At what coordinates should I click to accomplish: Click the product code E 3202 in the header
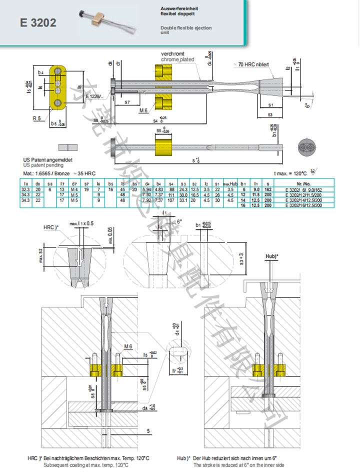[38, 23]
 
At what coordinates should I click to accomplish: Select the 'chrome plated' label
[177, 59]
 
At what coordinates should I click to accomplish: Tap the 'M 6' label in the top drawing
[144, 109]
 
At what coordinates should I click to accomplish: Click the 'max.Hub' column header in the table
[229, 184]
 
